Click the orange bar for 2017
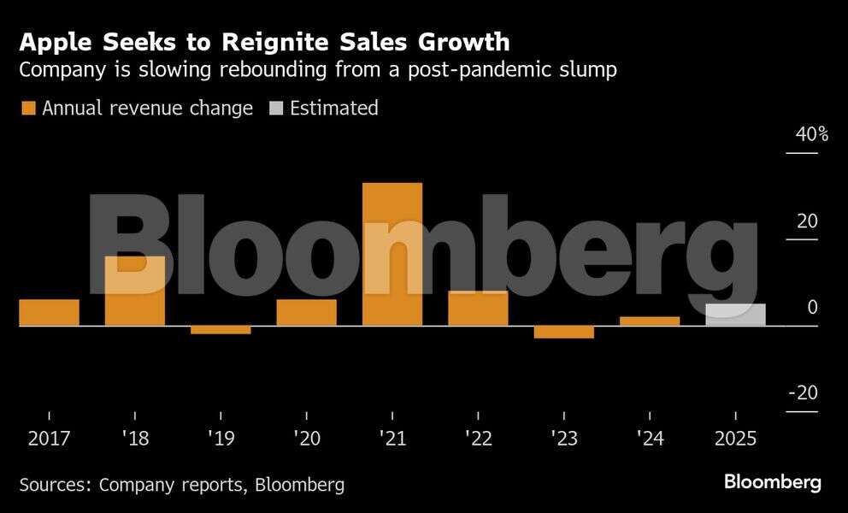click(x=49, y=312)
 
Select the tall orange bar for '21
click(x=392, y=254)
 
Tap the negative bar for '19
click(x=221, y=330)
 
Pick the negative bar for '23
click(x=563, y=332)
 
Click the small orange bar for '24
click(x=650, y=321)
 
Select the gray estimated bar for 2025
click(x=735, y=315)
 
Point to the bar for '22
click(x=478, y=308)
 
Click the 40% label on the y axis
click(x=812, y=134)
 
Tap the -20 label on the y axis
click(x=803, y=393)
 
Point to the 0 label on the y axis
click(x=813, y=307)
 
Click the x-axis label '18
click(x=135, y=439)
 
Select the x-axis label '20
click(x=306, y=439)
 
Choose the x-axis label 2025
click(x=735, y=439)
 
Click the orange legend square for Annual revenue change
click(x=27, y=109)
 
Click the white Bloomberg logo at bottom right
click(x=773, y=482)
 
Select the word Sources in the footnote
click(x=55, y=485)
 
